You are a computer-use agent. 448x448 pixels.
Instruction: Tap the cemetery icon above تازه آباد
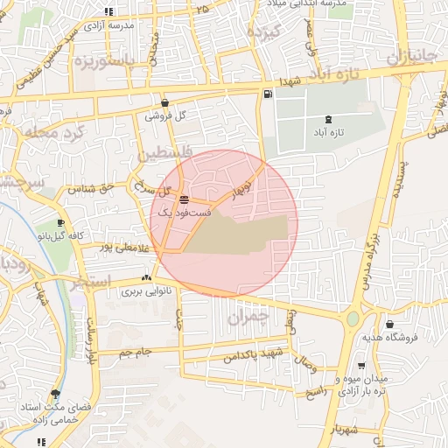(x=328, y=118)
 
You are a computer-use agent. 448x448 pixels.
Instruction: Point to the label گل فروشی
(x=169, y=115)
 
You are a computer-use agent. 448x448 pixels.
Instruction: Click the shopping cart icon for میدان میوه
(x=361, y=366)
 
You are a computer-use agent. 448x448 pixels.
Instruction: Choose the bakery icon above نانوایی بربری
(x=145, y=278)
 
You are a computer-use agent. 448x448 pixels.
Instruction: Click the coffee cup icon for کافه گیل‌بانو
(x=59, y=222)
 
